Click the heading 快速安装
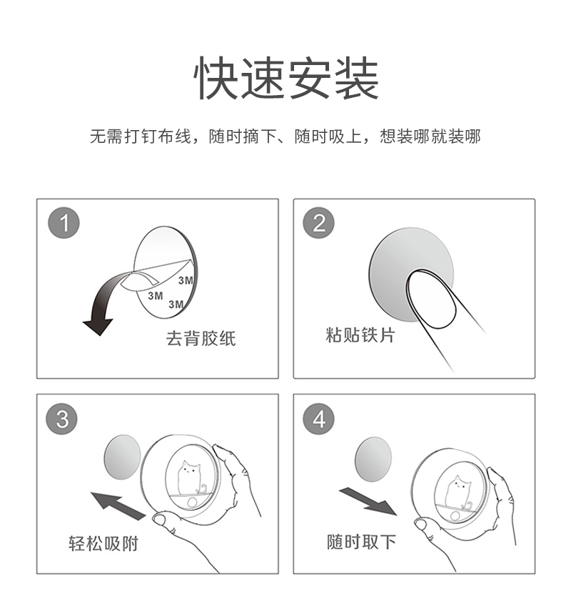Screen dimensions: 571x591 [x=286, y=78]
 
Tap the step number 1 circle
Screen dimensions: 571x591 [x=64, y=223]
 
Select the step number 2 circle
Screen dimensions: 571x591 [x=319, y=223]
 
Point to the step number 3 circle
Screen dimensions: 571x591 [x=61, y=419]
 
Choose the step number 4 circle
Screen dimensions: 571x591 [x=319, y=419]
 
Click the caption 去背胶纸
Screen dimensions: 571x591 [x=201, y=338]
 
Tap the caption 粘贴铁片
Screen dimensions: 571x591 [x=360, y=335]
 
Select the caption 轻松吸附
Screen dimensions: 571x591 [x=103, y=544]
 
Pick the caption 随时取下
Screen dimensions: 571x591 [x=361, y=542]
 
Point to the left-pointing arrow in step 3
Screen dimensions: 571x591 [x=118, y=505]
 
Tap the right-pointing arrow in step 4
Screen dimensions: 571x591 [x=368, y=501]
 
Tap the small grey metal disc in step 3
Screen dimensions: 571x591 [x=122, y=457]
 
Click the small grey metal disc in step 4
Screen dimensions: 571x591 [x=373, y=459]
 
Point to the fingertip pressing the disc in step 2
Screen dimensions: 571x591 [x=430, y=298]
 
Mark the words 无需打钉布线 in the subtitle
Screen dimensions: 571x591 [x=141, y=136]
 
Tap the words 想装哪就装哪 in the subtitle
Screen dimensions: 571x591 [x=430, y=136]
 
